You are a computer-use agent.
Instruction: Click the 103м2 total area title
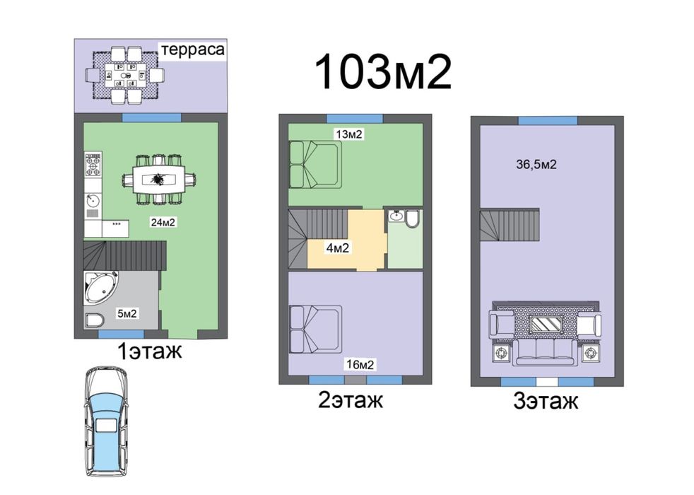coord(382,71)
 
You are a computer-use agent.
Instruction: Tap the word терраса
coord(193,50)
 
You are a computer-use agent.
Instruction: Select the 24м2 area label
coord(163,222)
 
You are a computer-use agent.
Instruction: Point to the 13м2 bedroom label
coord(349,134)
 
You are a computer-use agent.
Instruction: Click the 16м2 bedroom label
coord(360,365)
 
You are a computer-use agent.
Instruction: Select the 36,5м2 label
coord(538,165)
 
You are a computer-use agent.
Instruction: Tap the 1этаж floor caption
coord(149,350)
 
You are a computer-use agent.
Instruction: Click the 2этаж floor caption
coord(351,400)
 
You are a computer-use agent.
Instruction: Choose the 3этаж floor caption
coord(546,402)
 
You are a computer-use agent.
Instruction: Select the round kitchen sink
coord(92,202)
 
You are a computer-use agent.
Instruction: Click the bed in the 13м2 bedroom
coord(315,164)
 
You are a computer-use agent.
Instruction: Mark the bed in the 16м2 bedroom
coord(315,327)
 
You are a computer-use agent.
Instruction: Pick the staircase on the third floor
coord(509,226)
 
